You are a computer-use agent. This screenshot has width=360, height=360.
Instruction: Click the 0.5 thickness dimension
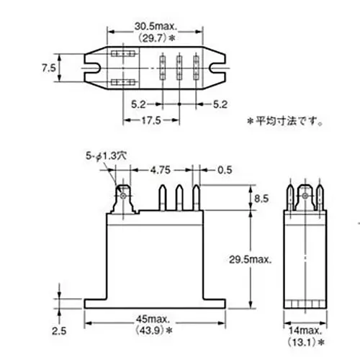pyautogui.click(x=225, y=171)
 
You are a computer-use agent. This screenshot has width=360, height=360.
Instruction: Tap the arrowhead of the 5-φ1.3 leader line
pyautogui.click(x=119, y=180)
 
